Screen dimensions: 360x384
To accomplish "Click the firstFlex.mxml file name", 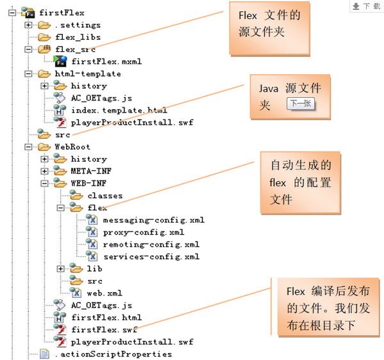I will (106, 61).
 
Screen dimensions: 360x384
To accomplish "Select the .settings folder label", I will (77, 25).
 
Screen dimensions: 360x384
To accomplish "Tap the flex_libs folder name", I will (77, 37).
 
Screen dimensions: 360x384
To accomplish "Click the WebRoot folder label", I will (72, 146).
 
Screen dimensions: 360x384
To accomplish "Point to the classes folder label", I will (105, 195).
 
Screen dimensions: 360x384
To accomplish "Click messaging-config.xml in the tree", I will (154, 220).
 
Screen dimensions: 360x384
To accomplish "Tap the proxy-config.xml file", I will (143, 232).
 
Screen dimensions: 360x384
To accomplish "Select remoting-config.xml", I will (151, 244).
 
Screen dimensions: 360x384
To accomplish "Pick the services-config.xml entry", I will (151, 256).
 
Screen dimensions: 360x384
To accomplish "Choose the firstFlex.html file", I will (106, 317).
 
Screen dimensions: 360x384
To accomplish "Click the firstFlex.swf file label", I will (104, 329).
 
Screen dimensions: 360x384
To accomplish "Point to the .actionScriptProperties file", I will (113, 354).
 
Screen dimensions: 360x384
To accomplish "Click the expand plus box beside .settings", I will (28, 25).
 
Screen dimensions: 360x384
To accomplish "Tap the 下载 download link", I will (367, 6).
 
